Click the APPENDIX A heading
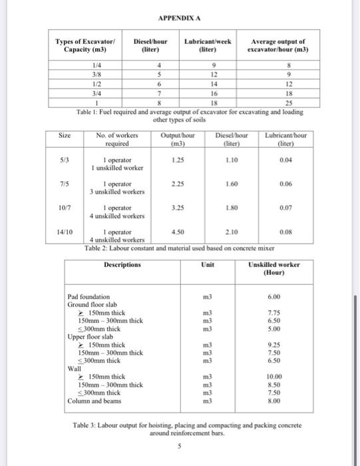(180, 19)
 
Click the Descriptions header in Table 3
(122, 264)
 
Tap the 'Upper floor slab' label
(92, 337)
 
